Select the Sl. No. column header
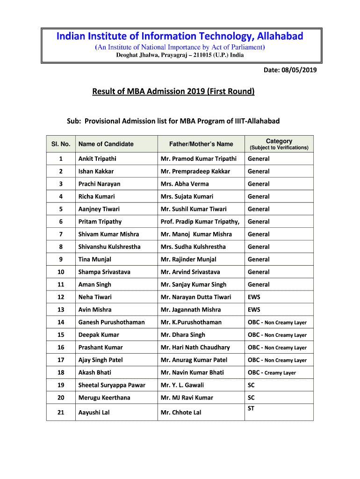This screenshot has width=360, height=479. pyautogui.click(x=61, y=144)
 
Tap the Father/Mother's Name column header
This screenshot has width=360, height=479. pyautogui.click(x=201, y=144)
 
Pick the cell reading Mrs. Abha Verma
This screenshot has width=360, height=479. pyautogui.click(x=185, y=184)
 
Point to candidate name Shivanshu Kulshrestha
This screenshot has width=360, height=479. pyautogui.click(x=109, y=247)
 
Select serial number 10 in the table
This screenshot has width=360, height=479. pyautogui.click(x=61, y=272)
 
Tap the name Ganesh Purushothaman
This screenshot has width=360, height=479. pyautogui.click(x=111, y=322)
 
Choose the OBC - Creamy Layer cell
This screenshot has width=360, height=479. pyautogui.click(x=272, y=373)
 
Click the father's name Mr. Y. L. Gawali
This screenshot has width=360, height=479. pyautogui.click(x=182, y=385)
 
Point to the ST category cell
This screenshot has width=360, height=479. pyautogui.click(x=251, y=408)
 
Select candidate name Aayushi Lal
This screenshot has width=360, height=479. pyautogui.click(x=94, y=413)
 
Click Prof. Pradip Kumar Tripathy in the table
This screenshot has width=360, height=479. pyautogui.click(x=200, y=222)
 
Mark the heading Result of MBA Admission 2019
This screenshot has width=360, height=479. pyautogui.click(x=173, y=91)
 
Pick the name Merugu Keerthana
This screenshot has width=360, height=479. pyautogui.click(x=104, y=398)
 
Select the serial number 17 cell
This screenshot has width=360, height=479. pyautogui.click(x=61, y=360)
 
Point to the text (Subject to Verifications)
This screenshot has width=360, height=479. pyautogui.click(x=279, y=148)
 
